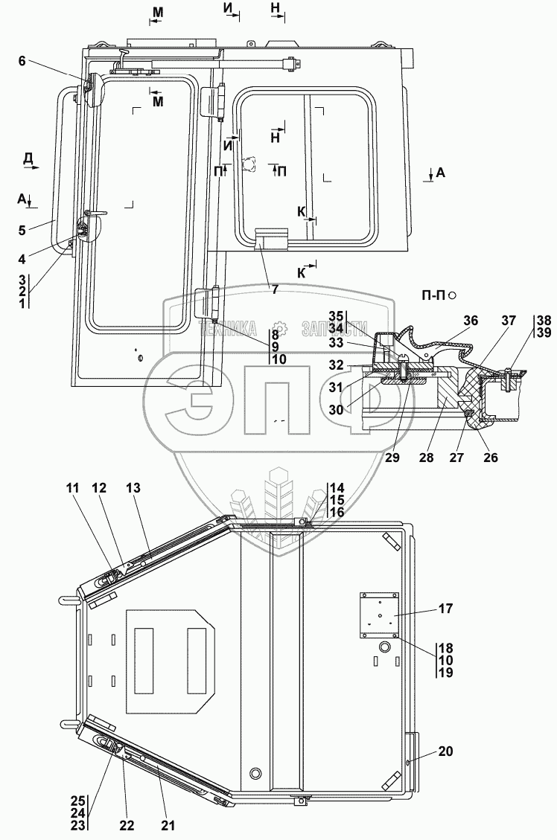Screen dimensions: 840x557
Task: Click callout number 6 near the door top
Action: (22, 62)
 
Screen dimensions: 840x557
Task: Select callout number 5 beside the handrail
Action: (22, 230)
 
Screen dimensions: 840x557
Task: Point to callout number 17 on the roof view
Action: (445, 608)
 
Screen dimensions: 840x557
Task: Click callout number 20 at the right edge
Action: (445, 751)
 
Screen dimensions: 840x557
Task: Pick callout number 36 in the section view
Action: (470, 321)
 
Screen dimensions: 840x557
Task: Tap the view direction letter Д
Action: (28, 157)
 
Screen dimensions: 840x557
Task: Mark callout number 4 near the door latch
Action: (22, 259)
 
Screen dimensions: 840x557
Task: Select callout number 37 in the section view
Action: (508, 321)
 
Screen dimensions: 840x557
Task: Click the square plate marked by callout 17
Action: (379, 615)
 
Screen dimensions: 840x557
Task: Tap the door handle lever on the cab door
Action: (95, 215)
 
